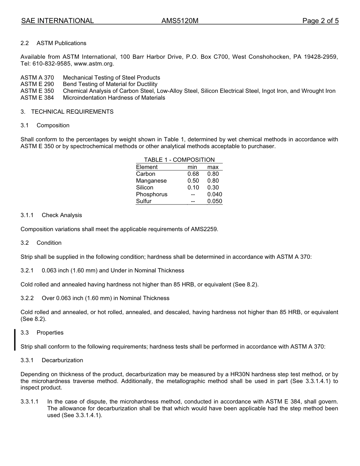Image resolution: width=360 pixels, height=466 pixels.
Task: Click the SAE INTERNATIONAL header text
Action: coord(57,21)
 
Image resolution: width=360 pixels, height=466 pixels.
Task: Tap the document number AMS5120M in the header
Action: coord(180,21)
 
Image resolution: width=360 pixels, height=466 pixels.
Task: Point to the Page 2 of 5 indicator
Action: coord(320,21)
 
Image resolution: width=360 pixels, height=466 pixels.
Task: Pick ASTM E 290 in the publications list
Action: coord(37,84)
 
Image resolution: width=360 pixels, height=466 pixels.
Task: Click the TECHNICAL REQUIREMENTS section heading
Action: coord(72,112)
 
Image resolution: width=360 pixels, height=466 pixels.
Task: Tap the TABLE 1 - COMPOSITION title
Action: coord(179,160)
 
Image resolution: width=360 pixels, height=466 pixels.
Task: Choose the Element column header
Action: coord(147,167)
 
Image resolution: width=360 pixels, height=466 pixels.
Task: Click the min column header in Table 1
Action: coord(192,167)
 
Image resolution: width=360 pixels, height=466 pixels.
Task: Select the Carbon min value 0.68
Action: coord(193,174)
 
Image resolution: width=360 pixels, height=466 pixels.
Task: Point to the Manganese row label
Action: coord(151,181)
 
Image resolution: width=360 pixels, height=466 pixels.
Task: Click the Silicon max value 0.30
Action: coord(213,188)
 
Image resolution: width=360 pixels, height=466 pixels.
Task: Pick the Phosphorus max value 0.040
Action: coord(214,194)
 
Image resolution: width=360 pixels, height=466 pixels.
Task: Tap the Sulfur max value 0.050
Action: coord(214,201)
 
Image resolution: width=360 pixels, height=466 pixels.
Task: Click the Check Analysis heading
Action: coord(62,215)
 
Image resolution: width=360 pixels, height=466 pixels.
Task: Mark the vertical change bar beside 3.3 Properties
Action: coord(15,340)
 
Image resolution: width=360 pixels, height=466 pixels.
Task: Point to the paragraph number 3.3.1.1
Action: coord(30,402)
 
